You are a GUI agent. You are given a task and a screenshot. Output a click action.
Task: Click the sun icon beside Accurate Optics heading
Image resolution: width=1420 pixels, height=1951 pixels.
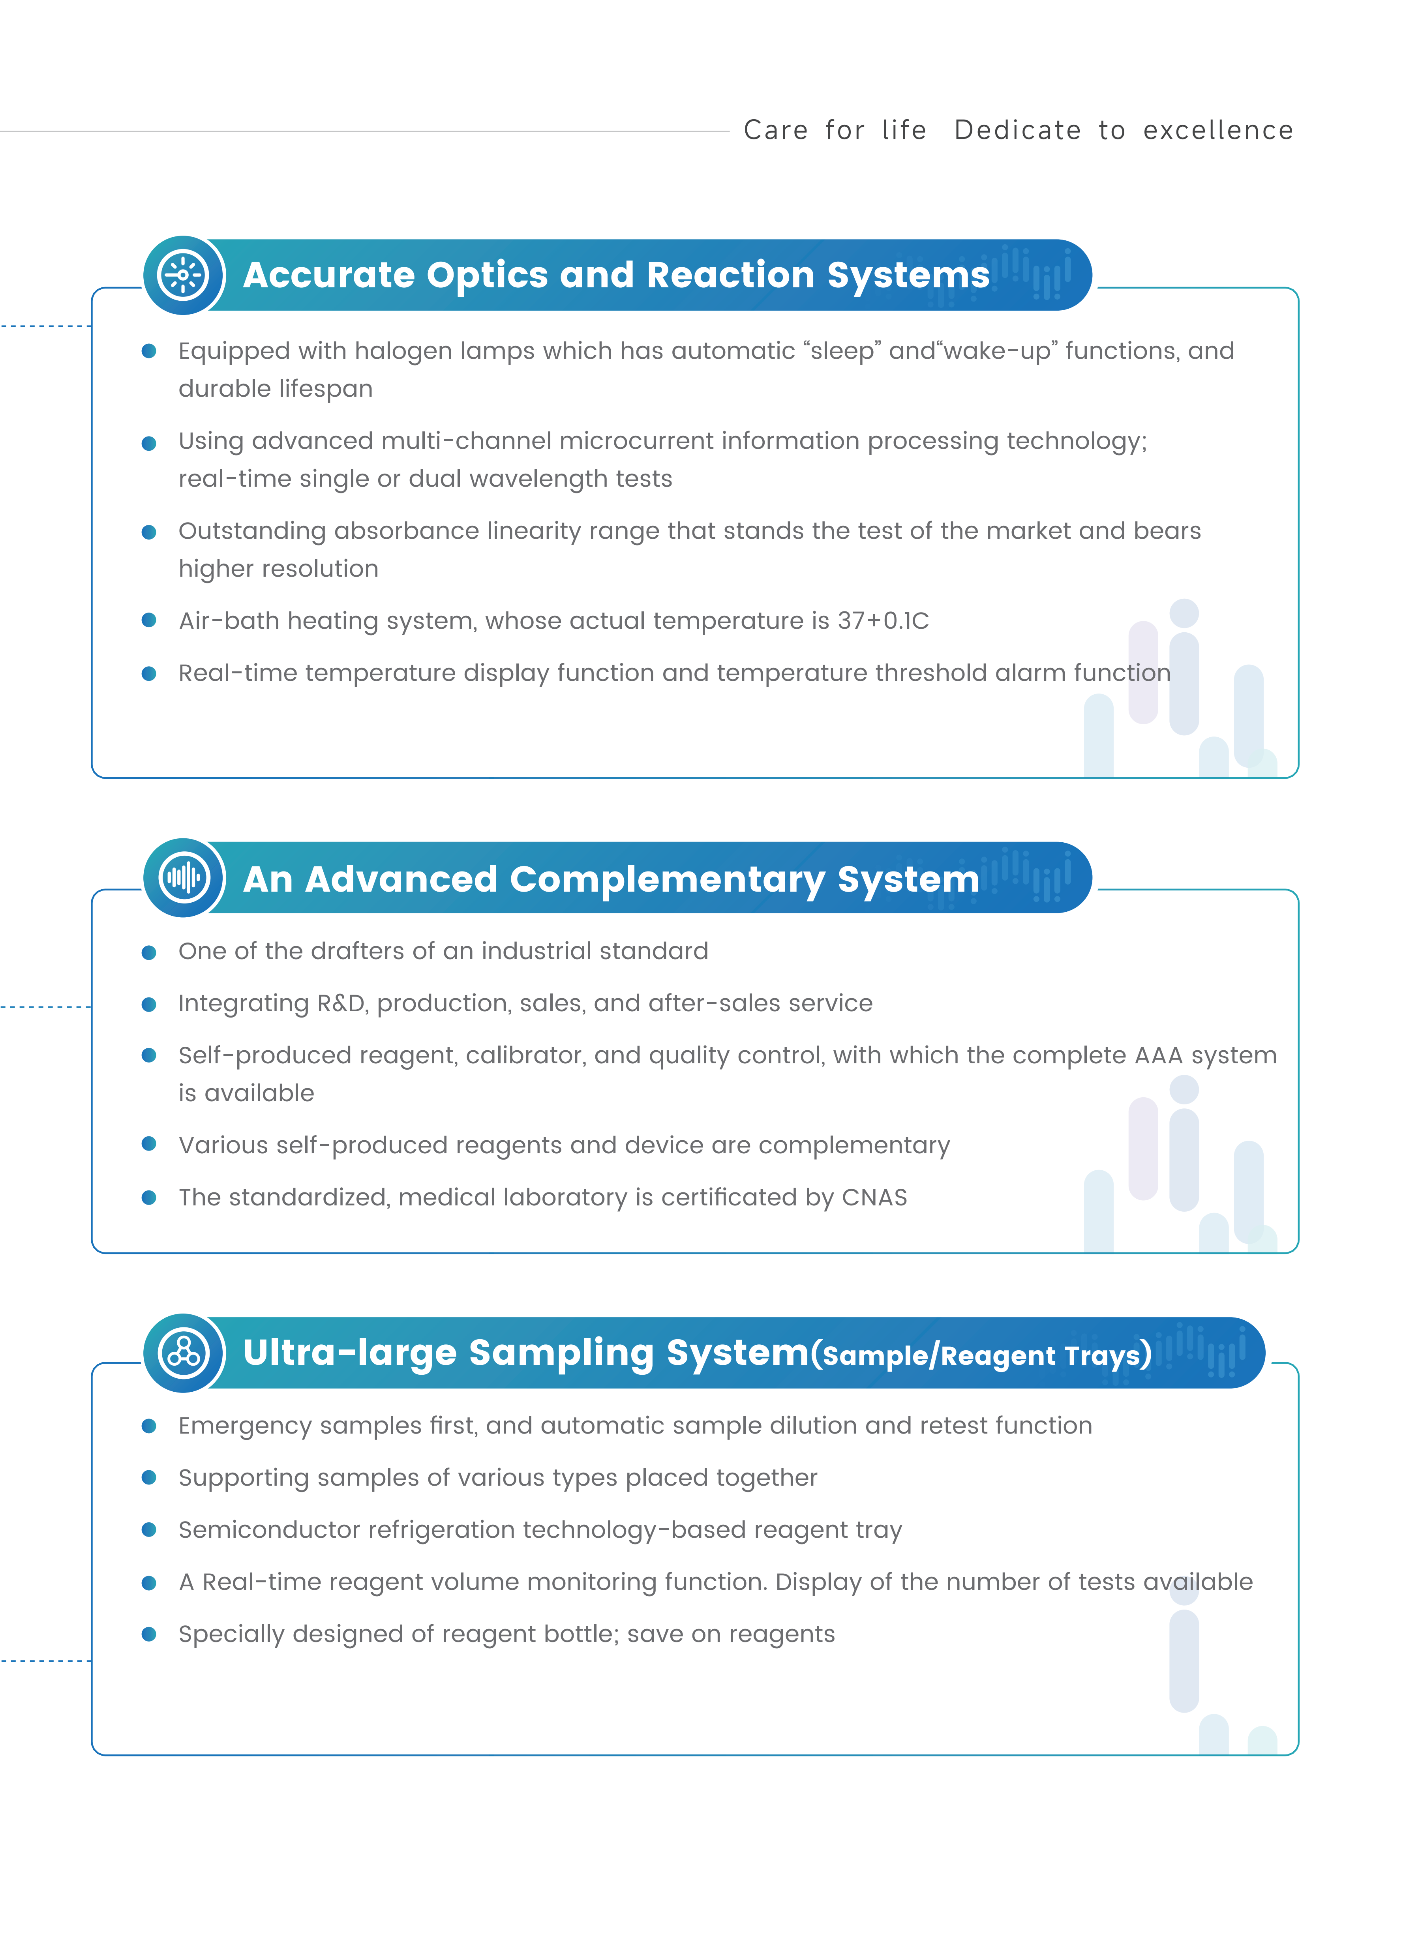coord(183,275)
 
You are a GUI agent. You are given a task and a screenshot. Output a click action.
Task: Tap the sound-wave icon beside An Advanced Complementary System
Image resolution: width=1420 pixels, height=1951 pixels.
coord(183,878)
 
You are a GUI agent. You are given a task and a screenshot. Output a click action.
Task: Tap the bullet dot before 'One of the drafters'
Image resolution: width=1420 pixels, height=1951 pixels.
coord(149,952)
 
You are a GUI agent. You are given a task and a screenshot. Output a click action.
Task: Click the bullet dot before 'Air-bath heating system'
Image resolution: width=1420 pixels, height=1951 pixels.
coord(149,620)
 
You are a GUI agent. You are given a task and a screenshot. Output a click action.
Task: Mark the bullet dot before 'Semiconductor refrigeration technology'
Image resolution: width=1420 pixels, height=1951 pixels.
coord(149,1529)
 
